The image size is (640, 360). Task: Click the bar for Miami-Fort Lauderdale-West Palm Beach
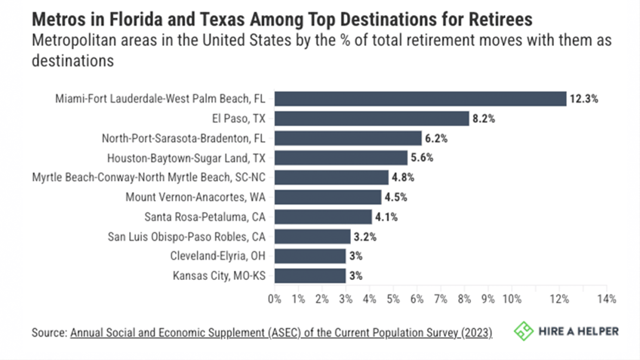(420, 99)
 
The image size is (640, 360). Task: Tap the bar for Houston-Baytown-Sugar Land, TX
(340, 158)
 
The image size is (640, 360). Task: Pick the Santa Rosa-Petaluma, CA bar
(322, 217)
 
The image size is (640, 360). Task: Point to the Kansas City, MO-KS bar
(309, 275)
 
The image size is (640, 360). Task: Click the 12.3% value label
(584, 99)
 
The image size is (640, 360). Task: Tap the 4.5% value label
(397, 197)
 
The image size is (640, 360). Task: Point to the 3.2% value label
(366, 236)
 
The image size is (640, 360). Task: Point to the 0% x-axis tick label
(274, 299)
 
